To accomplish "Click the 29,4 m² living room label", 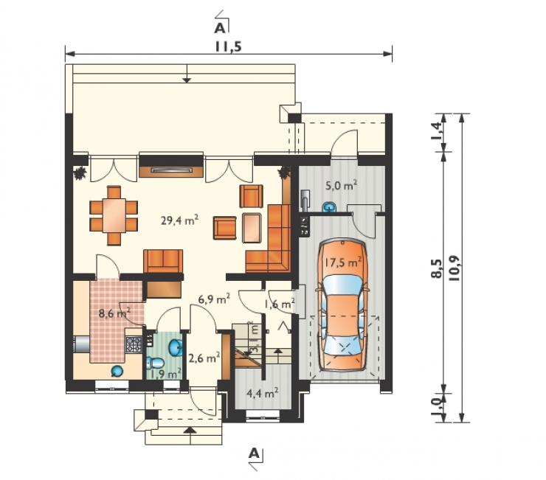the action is click(180, 220).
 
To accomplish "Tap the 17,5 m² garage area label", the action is click(342, 262).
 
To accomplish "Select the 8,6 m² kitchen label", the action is click(114, 313).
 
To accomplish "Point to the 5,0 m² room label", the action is click(341, 185).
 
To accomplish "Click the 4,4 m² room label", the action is click(262, 393).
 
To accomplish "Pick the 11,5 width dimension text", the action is click(228, 46).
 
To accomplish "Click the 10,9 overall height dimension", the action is click(455, 268).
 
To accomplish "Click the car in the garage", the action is click(342, 305).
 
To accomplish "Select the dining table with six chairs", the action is click(114, 216).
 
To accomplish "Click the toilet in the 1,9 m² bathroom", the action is click(155, 363).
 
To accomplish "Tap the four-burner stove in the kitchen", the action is click(134, 344).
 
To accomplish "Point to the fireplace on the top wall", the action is click(171, 165).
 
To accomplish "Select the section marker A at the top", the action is click(220, 28).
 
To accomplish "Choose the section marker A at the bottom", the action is click(255, 453).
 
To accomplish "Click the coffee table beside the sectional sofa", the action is click(252, 228).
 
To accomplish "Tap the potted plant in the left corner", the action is click(80, 173).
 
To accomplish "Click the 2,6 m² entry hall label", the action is click(204, 358).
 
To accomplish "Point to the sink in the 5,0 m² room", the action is click(329, 207).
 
